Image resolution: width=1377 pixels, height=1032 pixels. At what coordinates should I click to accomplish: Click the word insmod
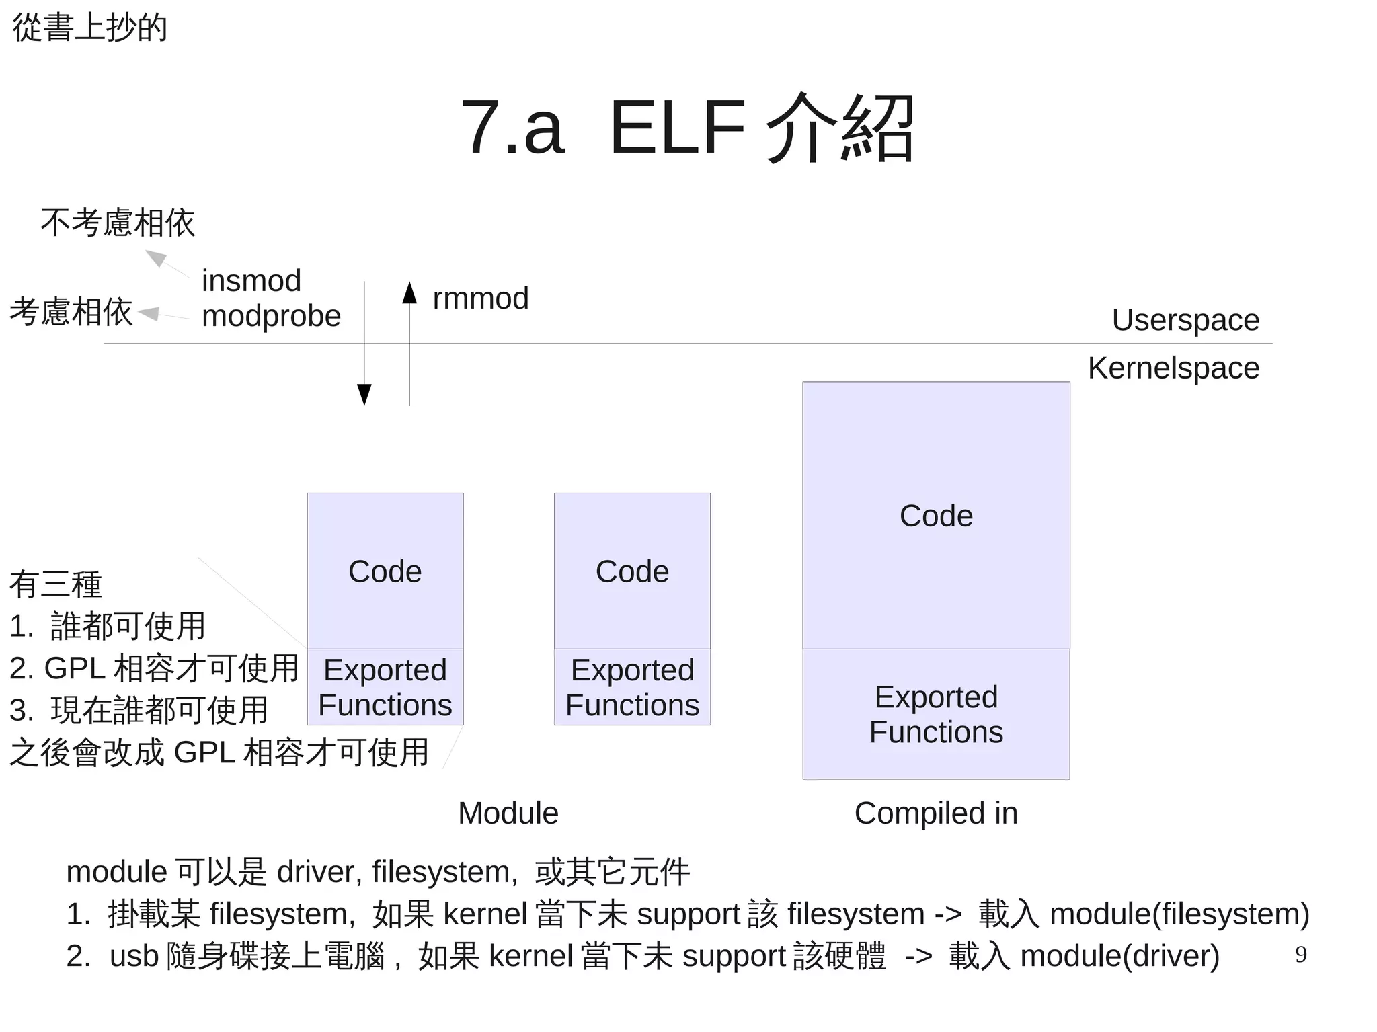click(x=251, y=281)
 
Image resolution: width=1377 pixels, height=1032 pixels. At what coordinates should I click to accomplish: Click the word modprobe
click(x=271, y=316)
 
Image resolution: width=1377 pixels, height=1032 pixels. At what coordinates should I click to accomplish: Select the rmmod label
click(x=481, y=299)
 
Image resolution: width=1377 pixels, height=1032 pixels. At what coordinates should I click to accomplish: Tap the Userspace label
click(x=1185, y=320)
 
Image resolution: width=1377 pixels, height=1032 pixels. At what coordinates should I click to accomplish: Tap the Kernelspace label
click(x=1173, y=368)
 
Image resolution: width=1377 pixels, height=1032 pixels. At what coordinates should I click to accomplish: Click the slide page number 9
click(x=1300, y=955)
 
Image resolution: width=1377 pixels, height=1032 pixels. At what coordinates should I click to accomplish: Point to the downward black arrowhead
click(x=364, y=394)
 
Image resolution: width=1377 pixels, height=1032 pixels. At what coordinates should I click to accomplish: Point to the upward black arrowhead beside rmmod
click(x=409, y=294)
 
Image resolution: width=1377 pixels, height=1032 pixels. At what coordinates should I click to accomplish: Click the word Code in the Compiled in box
click(x=936, y=516)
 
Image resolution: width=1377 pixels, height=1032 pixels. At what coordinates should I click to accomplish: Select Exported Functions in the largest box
click(x=936, y=715)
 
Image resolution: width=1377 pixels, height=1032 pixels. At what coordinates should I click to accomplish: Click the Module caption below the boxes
click(x=508, y=813)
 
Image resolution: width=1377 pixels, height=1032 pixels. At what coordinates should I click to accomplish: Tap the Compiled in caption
click(x=936, y=813)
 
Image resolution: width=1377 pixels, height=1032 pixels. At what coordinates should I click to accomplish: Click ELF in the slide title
click(x=677, y=128)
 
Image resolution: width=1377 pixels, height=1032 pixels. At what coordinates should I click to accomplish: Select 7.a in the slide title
click(x=512, y=128)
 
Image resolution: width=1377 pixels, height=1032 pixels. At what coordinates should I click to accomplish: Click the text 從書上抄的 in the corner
click(x=89, y=28)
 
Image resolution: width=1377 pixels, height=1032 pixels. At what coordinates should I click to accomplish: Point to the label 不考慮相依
click(x=118, y=223)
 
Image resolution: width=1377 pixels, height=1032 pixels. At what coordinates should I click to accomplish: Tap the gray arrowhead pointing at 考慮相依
click(x=149, y=313)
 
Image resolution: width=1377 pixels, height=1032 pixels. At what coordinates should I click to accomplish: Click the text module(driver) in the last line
click(x=1119, y=956)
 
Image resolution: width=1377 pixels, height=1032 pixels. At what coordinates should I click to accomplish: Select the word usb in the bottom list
click(x=134, y=956)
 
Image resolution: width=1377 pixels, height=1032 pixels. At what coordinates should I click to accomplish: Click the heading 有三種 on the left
click(x=56, y=584)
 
